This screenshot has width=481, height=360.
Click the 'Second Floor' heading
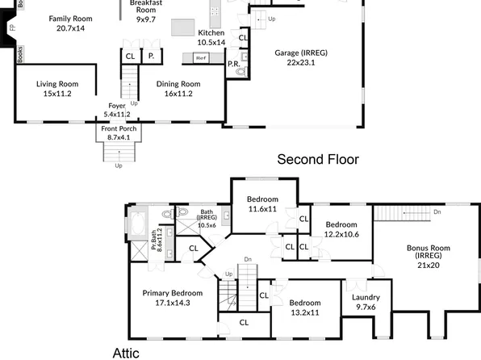[x=317, y=159]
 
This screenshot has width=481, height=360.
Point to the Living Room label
[x=57, y=88]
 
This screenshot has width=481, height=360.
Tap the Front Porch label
[x=119, y=133]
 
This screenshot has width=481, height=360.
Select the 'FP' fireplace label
[x=11, y=28]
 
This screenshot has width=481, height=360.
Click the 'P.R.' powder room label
[x=232, y=63]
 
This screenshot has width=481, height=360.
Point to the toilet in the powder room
[x=240, y=73]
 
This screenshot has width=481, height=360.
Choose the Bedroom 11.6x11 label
[x=262, y=204]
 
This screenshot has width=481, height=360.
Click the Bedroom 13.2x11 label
[x=305, y=308]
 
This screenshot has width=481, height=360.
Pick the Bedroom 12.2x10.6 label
[x=341, y=229]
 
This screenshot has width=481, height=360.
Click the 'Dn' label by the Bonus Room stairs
[x=437, y=212]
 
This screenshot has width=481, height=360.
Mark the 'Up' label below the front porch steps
[x=119, y=166]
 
